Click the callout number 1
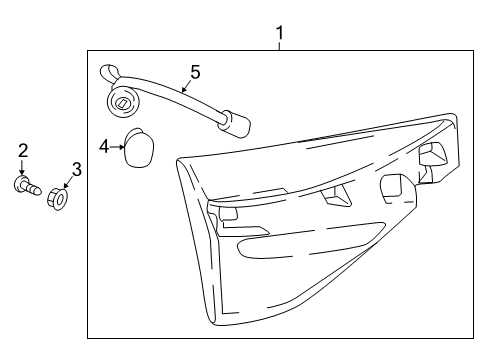280,33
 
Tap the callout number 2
23,151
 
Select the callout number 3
77,169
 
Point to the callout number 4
104,147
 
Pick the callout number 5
195,72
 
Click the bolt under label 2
28,186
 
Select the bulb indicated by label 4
139,147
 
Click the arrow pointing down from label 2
22,167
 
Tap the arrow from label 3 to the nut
68,183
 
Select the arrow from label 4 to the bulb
117,147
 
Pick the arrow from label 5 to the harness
187,86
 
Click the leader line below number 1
280,46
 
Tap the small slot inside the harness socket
122,102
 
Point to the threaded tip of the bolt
37,190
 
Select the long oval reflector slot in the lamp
311,241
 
